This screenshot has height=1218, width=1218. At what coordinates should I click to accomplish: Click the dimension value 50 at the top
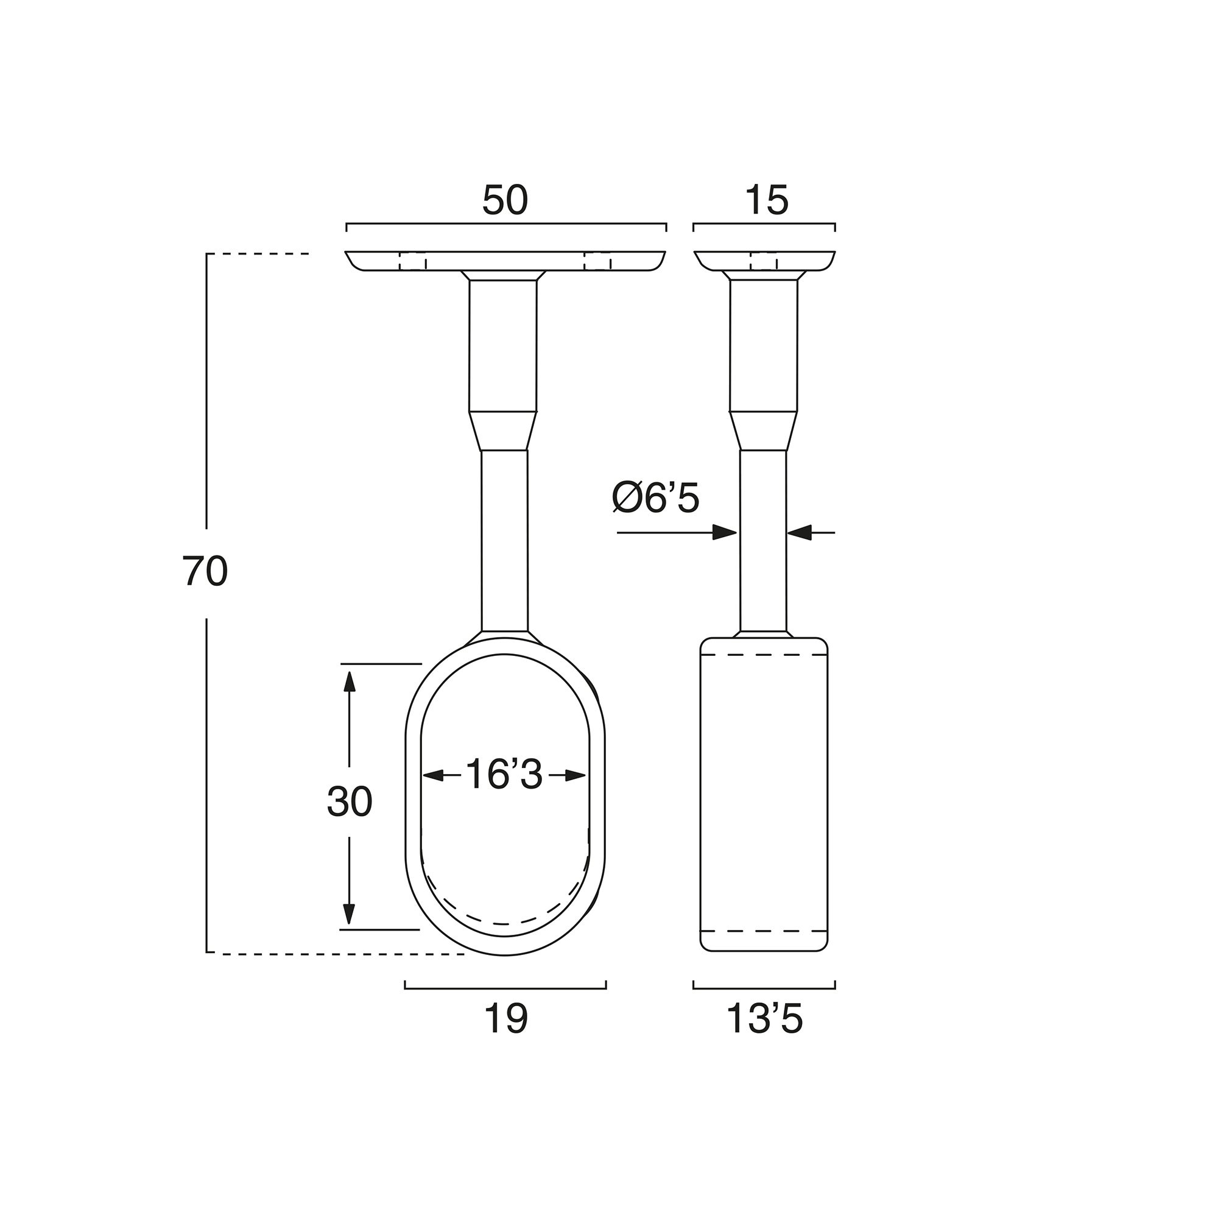(x=504, y=200)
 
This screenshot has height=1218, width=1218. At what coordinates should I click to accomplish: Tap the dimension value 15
(x=767, y=200)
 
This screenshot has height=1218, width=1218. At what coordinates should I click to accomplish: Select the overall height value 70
(x=205, y=571)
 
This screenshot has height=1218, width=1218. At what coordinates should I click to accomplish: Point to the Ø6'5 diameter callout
(x=656, y=499)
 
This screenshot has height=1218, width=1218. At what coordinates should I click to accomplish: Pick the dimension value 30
(x=349, y=803)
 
